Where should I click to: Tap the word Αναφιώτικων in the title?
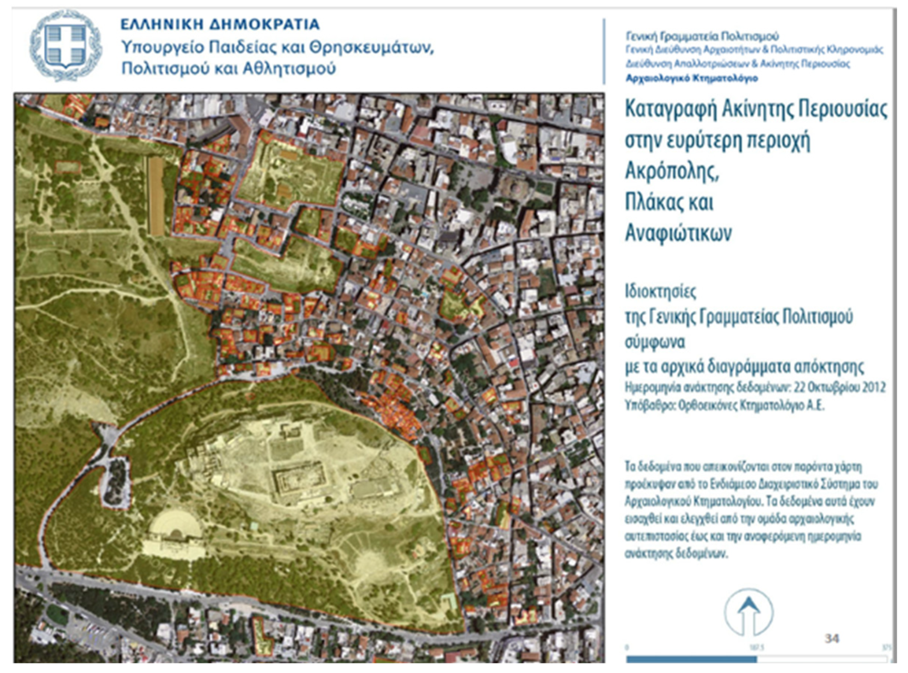pyautogui.click(x=678, y=233)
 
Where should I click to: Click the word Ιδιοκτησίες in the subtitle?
pyautogui.click(x=661, y=292)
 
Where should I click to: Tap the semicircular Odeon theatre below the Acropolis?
pyautogui.click(x=176, y=526)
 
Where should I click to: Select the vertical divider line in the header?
pyautogui.click(x=604, y=51)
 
